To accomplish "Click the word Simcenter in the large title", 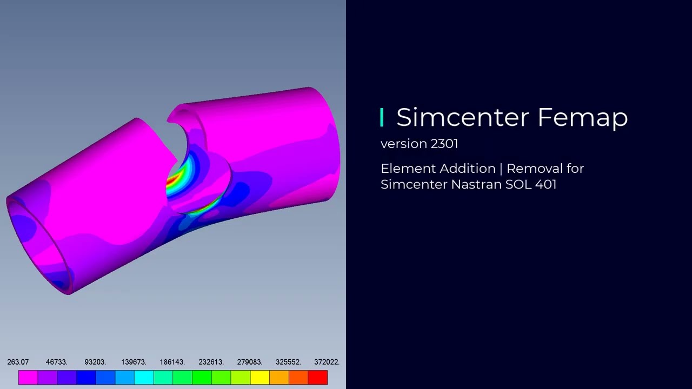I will pos(463,117).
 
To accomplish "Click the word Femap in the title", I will pos(583,118).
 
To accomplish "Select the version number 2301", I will pos(444,144).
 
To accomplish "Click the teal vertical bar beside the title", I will pos(382,117).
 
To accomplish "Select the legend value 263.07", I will pos(18,362).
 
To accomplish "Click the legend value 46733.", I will pos(56,362).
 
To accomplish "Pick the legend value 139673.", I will pos(134,362).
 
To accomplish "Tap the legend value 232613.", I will pos(211,362).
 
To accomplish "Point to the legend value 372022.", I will pos(327,362).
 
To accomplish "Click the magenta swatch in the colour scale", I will pos(28,377).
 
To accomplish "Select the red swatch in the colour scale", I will pos(318,377).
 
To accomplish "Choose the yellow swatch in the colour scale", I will pos(259,377).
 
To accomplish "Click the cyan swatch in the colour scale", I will pos(144,377).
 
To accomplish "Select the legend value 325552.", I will pos(288,362).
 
